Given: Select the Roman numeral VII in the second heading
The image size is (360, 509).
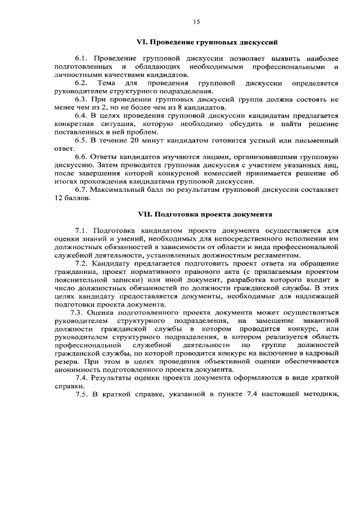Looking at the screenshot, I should [x=145, y=214].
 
